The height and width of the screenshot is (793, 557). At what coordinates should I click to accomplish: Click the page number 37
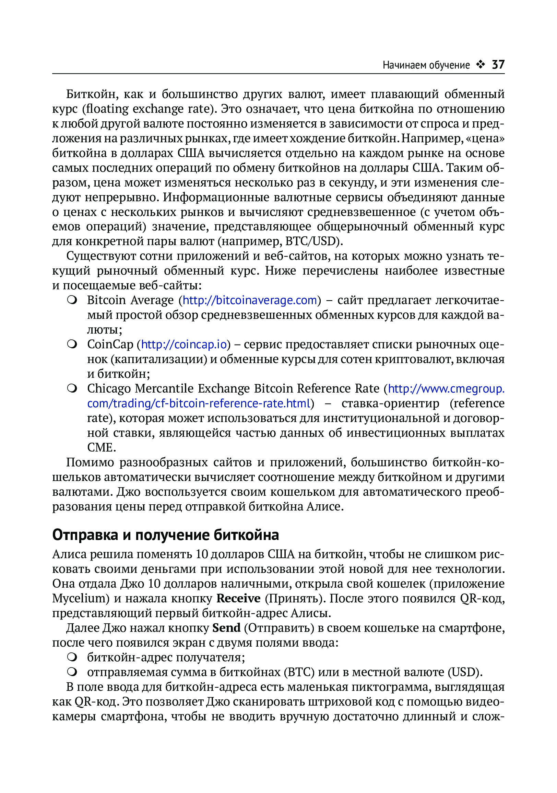[x=498, y=64]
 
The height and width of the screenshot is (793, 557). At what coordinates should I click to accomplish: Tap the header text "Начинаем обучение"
[x=426, y=65]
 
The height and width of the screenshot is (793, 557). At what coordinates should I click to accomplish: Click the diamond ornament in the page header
[x=480, y=64]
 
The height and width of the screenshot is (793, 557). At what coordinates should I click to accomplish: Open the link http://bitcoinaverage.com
[x=249, y=300]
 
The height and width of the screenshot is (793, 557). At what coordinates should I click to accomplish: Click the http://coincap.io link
[x=184, y=345]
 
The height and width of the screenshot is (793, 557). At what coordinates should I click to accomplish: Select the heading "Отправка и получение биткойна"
[x=166, y=535]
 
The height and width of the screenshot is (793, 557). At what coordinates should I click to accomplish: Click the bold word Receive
[x=238, y=598]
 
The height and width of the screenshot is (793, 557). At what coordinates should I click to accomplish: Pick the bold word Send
[x=226, y=627]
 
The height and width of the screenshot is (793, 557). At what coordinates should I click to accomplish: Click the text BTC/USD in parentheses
[x=311, y=241]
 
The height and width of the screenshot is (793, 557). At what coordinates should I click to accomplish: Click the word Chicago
[x=108, y=389]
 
